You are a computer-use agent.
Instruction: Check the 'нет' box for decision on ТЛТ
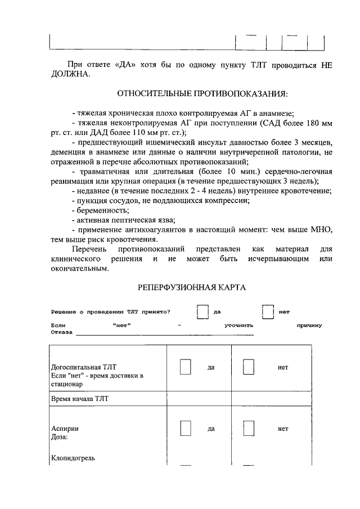click(268, 312)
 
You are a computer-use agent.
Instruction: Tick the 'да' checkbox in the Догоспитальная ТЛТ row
click(186, 367)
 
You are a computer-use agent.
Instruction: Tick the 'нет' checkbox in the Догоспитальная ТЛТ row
click(249, 367)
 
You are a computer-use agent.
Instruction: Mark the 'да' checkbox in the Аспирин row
click(186, 428)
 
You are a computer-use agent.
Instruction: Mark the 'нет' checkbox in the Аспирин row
click(249, 428)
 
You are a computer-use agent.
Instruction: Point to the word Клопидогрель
click(73, 458)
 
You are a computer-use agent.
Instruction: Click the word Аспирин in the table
click(65, 428)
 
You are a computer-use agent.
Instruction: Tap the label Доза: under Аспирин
click(60, 436)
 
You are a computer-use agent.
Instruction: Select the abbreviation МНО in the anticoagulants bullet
click(321, 229)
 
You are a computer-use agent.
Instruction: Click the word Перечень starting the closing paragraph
click(90, 249)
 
